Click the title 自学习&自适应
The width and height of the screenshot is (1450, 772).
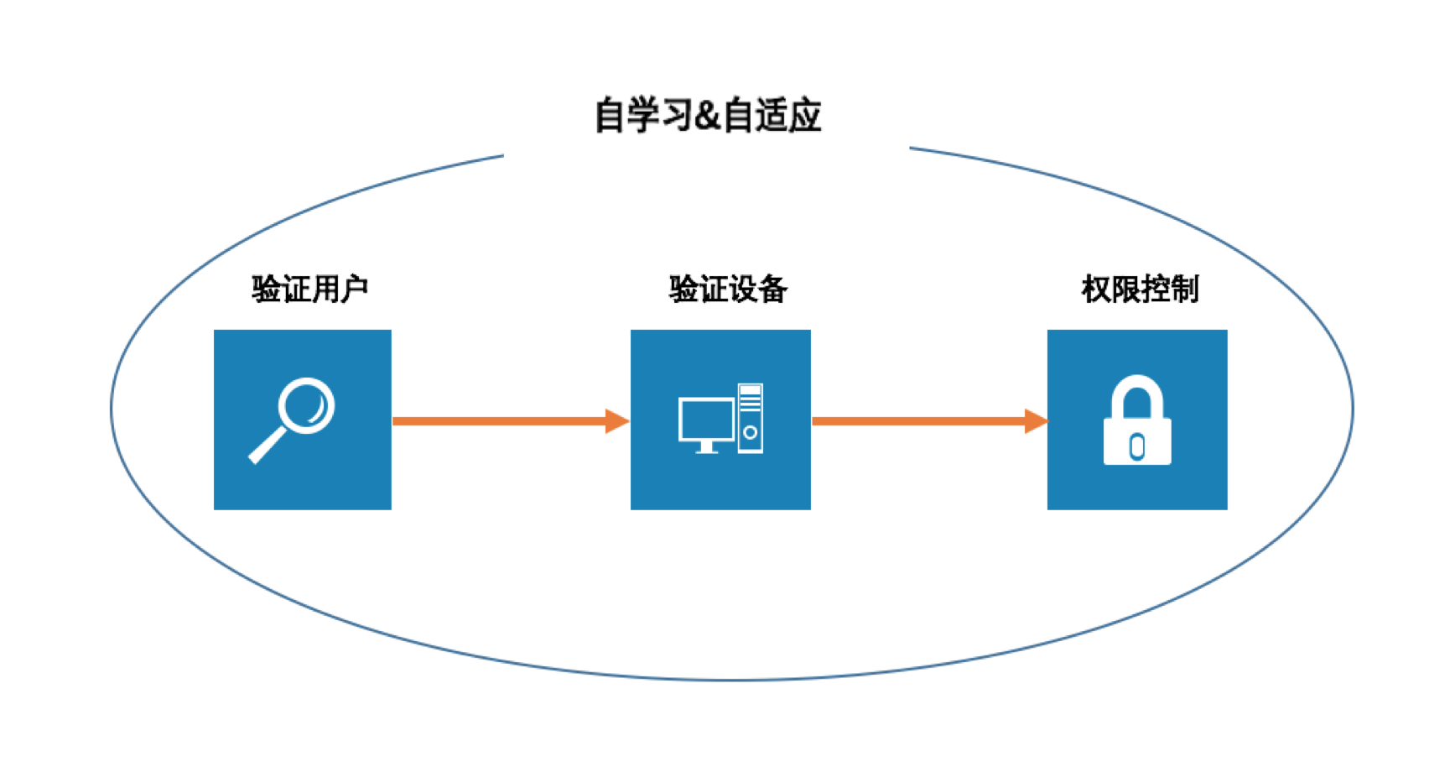pyautogui.click(x=707, y=115)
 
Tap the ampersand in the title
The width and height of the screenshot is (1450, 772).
pyautogui.click(x=706, y=116)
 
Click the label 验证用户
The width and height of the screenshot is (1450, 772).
pyautogui.click(x=309, y=289)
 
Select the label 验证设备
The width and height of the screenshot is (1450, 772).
pyautogui.click(x=727, y=289)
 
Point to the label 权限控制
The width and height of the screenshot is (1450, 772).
pyautogui.click(x=1139, y=289)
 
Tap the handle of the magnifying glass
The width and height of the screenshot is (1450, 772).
pyautogui.click(x=267, y=446)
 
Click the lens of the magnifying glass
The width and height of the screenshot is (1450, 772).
pyautogui.click(x=306, y=405)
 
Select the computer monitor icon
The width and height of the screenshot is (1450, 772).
pyautogui.click(x=706, y=422)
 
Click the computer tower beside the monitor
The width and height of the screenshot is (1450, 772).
pyautogui.click(x=751, y=418)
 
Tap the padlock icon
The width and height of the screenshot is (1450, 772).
pyautogui.click(x=1136, y=420)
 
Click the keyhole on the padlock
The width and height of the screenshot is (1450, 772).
pyautogui.click(x=1137, y=446)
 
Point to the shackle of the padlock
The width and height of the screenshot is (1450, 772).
pyautogui.click(x=1137, y=393)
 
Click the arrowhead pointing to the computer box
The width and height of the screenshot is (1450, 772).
pyautogui.click(x=617, y=420)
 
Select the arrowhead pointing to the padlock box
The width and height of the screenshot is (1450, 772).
pyautogui.click(x=1036, y=420)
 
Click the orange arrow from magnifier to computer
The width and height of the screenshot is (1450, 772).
pyautogui.click(x=503, y=420)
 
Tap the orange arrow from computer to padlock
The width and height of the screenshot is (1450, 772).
pyautogui.click(x=922, y=420)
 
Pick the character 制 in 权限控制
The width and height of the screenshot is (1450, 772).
pyautogui.click(x=1184, y=289)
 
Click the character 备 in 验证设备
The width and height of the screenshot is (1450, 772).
pyautogui.click(x=772, y=289)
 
